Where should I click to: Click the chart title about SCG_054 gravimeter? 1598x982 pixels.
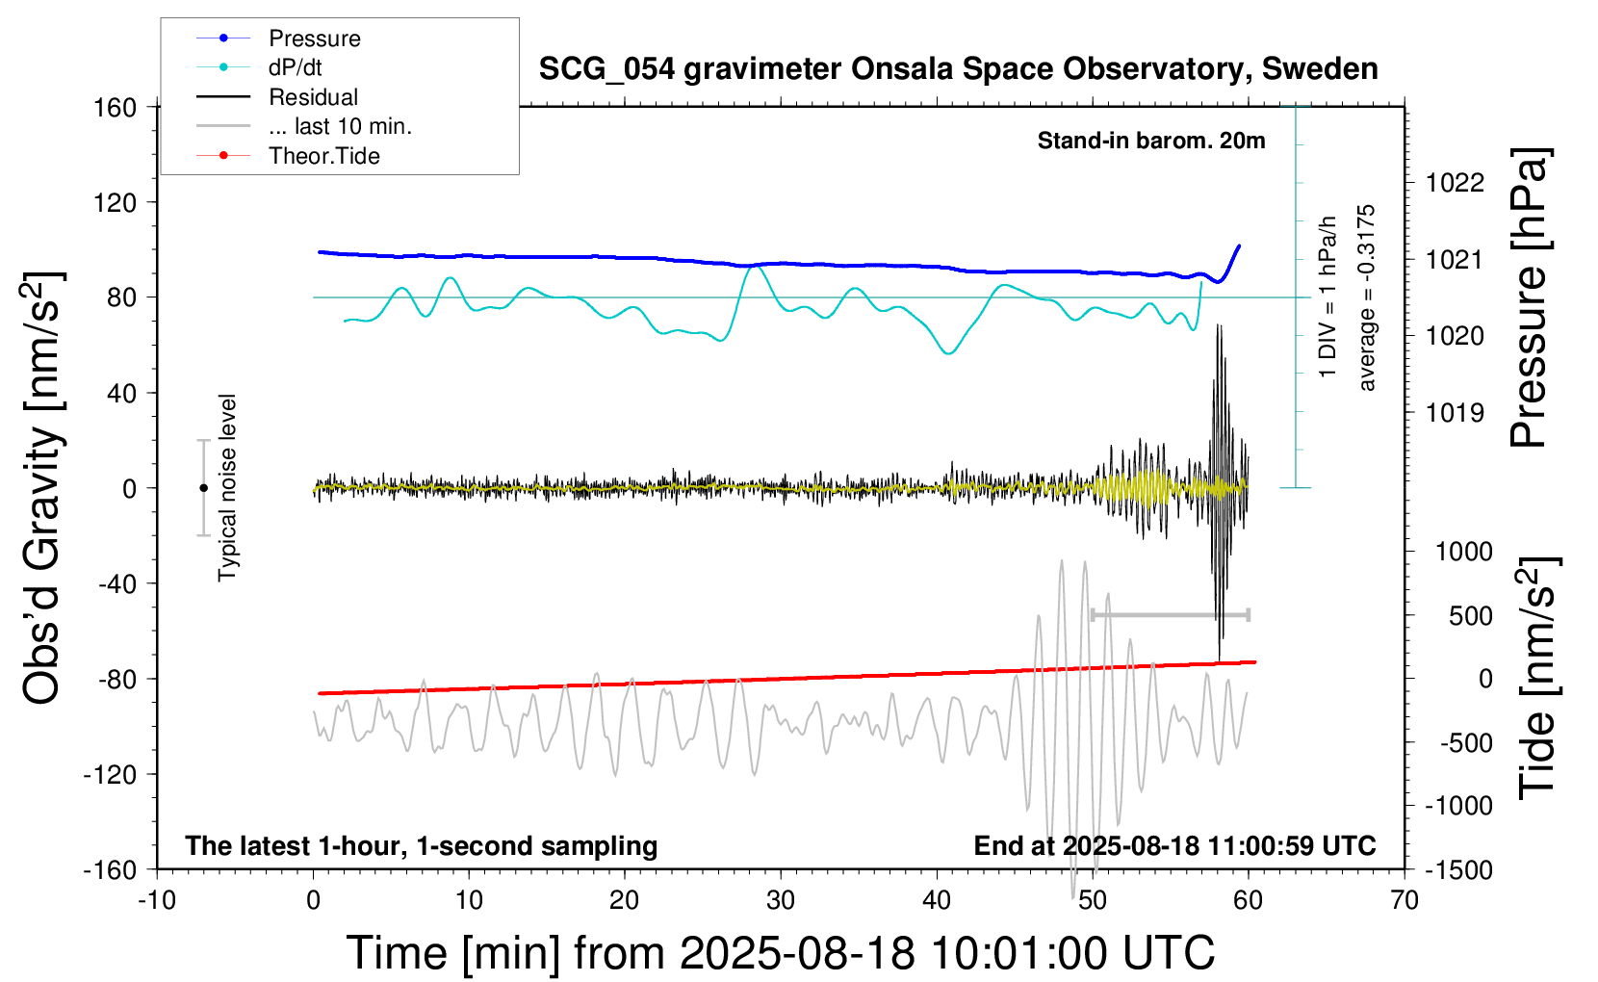958,69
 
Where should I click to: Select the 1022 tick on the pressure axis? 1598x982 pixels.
1455,183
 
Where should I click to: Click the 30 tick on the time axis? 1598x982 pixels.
781,901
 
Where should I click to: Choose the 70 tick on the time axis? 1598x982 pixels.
1405,901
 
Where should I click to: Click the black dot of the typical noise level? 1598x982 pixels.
203,488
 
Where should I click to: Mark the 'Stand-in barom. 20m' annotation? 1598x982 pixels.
1150,141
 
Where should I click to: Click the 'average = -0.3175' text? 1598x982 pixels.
1367,297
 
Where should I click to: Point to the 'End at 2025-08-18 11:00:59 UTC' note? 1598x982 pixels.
1174,846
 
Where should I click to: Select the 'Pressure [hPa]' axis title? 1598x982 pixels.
1529,297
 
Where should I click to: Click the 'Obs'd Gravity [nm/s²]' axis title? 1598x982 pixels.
42,488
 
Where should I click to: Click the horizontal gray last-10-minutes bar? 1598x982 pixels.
1170,614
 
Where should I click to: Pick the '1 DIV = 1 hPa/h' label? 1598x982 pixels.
1328,297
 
